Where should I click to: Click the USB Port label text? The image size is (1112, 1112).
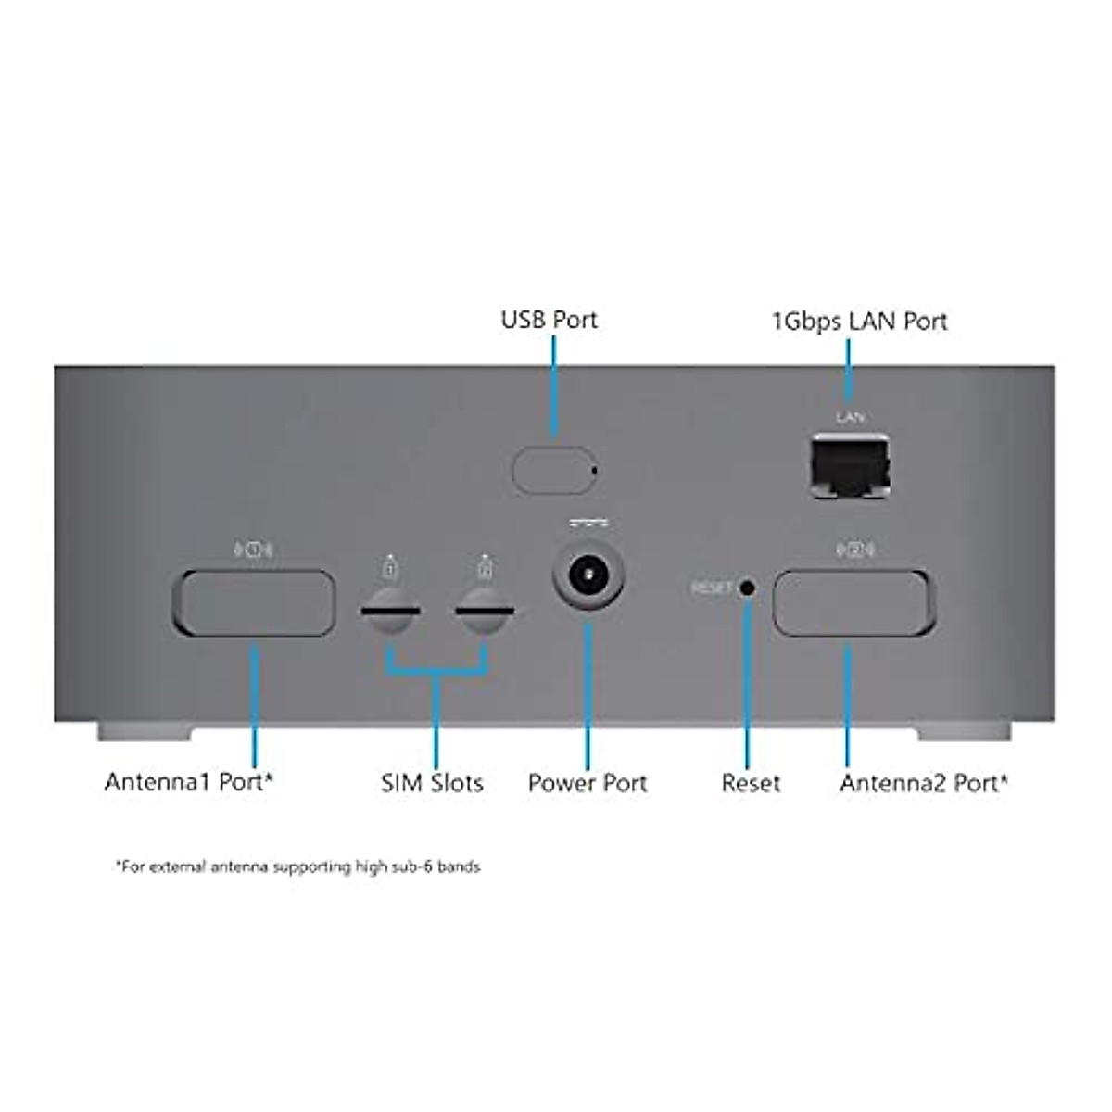(x=549, y=320)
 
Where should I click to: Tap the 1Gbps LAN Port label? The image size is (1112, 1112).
(x=859, y=322)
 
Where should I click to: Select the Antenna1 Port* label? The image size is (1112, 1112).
(x=188, y=781)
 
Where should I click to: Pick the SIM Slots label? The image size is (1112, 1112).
(x=432, y=783)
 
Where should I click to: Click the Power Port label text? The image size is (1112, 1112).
(x=588, y=783)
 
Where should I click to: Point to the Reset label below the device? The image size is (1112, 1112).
(x=751, y=783)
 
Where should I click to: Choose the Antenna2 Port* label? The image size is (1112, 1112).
(x=924, y=783)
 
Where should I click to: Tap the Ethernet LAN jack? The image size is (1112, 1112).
(x=850, y=466)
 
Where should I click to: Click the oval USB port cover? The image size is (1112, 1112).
(x=552, y=470)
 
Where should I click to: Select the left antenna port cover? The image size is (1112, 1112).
(x=254, y=602)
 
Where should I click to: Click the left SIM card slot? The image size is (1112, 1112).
(x=390, y=613)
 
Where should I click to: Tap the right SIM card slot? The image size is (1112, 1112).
(x=486, y=613)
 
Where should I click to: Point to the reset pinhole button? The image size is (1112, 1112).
(x=746, y=588)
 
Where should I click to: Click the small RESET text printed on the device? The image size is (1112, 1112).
(x=712, y=588)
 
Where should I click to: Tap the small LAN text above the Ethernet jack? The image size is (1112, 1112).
(x=850, y=418)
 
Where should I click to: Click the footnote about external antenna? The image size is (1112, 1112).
(x=298, y=867)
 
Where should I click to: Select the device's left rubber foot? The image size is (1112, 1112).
(x=145, y=732)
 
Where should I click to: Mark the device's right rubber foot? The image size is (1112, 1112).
(x=965, y=732)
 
